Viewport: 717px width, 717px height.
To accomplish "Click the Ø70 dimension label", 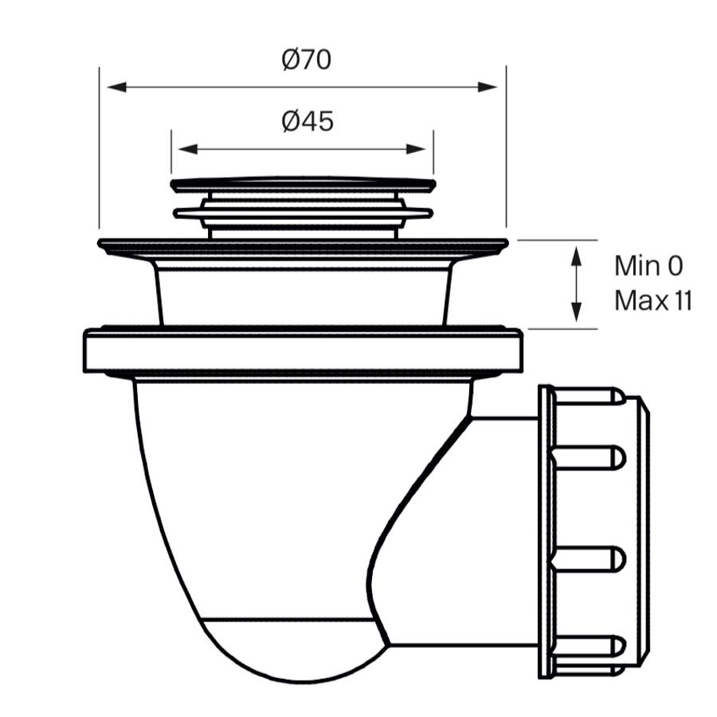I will [307, 60].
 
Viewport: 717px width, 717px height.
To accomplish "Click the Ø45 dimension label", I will [308, 121].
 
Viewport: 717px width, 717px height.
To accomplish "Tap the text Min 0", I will [648, 265].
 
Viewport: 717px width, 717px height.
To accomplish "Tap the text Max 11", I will [653, 300].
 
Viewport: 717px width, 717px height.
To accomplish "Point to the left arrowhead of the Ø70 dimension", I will [113, 86].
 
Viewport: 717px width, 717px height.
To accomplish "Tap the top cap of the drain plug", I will [303, 185].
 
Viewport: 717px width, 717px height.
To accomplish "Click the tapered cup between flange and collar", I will [303, 295].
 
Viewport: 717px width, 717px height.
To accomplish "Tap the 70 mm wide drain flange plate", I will [303, 245].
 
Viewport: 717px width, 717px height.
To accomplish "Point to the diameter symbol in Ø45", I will [290, 121].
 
